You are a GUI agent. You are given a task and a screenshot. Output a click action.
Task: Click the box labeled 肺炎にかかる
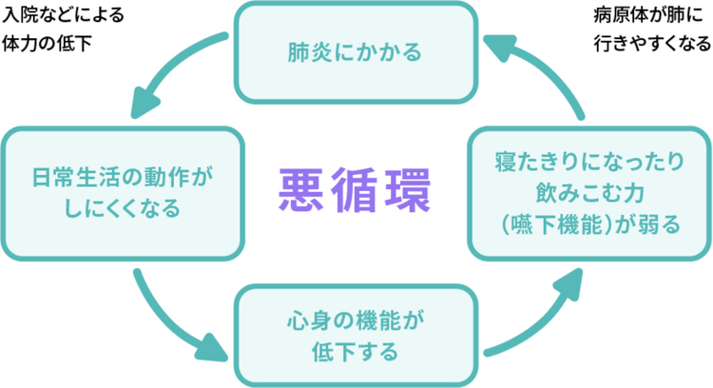point(355,51)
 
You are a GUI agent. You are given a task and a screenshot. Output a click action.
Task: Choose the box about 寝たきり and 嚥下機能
point(589,194)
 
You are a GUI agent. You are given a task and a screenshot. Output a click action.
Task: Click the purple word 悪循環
point(355,190)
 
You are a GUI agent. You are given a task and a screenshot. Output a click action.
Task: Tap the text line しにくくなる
point(119,209)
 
